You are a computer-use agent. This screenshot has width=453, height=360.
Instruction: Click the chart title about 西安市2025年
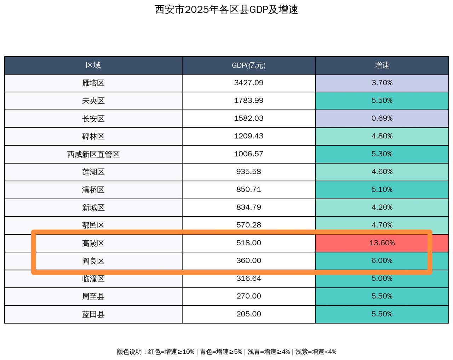226,10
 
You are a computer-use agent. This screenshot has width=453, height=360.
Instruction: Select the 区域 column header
93,65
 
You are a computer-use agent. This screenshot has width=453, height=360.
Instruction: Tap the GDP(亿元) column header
248,65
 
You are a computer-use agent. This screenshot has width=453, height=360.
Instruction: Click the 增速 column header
382,65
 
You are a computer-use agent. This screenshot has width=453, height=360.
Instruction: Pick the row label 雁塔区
93,83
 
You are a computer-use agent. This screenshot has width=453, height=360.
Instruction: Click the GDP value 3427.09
248,83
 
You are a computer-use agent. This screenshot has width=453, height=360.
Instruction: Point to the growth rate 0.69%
382,119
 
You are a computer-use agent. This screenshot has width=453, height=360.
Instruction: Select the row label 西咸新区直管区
93,154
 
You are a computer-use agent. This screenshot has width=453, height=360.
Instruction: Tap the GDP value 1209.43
248,136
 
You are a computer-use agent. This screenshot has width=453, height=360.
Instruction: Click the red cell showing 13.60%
382,243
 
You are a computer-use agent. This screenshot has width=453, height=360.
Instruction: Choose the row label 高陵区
93,243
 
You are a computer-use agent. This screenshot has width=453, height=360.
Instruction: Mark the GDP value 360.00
248,261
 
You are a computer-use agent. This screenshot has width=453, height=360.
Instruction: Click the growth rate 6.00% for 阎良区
382,261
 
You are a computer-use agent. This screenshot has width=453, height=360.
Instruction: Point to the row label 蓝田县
93,314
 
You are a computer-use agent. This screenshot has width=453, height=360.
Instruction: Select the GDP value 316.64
248,279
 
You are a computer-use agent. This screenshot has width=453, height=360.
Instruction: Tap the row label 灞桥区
93,190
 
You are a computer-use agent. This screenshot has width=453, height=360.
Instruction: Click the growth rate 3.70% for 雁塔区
382,83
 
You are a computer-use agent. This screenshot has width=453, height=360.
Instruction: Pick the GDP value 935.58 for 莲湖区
248,172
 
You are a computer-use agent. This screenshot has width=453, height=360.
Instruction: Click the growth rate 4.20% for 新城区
382,207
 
